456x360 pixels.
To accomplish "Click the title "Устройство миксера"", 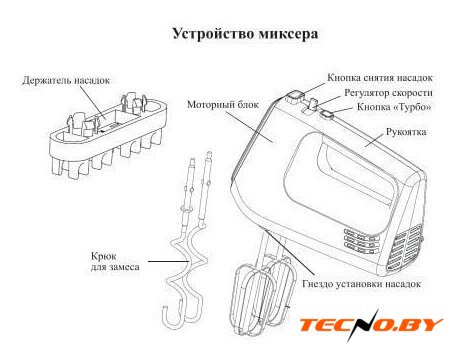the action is pyautogui.click(x=245, y=34).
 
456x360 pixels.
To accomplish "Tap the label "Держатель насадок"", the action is pyautogui.click(x=66, y=80).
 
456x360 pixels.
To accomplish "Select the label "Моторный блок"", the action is pyautogui.click(x=223, y=105).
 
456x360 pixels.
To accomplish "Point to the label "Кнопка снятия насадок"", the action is pyautogui.click(x=380, y=78).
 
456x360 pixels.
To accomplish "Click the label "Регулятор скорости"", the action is pyautogui.click(x=389, y=93).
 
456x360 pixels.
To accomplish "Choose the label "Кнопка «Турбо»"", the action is pyautogui.click(x=394, y=107).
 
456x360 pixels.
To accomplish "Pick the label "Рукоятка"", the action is pyautogui.click(x=406, y=132).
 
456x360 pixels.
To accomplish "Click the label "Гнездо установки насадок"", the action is pyautogui.click(x=362, y=284).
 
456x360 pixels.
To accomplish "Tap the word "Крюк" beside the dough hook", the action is pyautogui.click(x=104, y=257).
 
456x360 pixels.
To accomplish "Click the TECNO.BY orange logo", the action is pyautogui.click(x=371, y=325).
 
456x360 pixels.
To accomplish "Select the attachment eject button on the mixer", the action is pyautogui.click(x=295, y=97).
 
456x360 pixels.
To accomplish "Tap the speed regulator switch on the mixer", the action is pyautogui.click(x=313, y=104).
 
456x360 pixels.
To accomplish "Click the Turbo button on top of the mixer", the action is pyautogui.click(x=327, y=114).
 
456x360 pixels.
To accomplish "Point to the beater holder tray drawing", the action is pyautogui.click(x=107, y=136).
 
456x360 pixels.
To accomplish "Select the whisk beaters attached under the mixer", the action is pyautogui.click(x=262, y=293).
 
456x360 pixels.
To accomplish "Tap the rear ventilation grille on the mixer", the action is pyautogui.click(x=404, y=247).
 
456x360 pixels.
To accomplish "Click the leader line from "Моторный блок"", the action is pyautogui.click(x=249, y=127).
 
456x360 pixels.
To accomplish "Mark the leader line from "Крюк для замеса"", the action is pyautogui.click(x=169, y=261).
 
